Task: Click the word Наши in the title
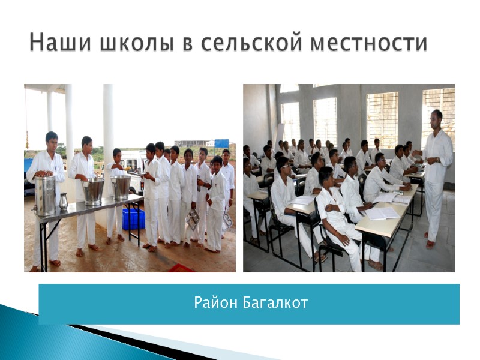tap(57, 43)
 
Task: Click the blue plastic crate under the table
tap(133, 219)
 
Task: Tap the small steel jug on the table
tap(63, 200)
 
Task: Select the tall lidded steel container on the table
tap(45, 193)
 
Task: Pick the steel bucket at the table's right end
tap(121, 187)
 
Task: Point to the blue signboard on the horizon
tap(221, 143)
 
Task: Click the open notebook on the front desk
tap(381, 213)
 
